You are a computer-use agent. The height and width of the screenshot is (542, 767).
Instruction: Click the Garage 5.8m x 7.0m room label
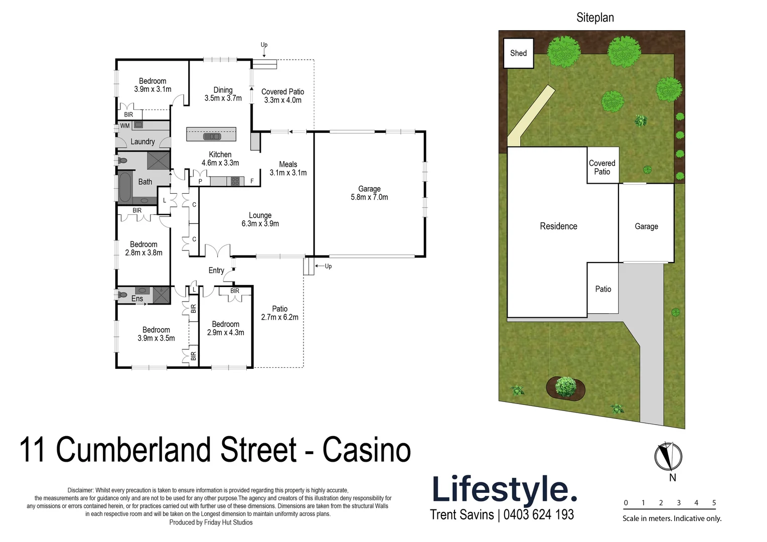(369, 193)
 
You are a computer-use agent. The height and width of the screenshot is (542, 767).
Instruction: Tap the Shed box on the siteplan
(518, 53)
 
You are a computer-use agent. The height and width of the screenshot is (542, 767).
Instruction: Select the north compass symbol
(668, 457)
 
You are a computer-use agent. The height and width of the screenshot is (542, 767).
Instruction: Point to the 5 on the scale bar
(714, 503)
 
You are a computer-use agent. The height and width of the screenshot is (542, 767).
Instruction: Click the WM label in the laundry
(125, 126)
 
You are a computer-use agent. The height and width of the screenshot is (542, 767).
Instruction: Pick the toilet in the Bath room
(122, 161)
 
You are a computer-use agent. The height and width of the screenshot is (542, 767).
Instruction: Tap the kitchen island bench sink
(211, 136)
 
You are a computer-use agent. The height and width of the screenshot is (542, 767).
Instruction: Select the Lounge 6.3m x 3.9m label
(260, 219)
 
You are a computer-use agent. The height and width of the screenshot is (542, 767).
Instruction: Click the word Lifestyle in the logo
(504, 489)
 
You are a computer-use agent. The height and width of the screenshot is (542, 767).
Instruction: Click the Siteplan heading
(595, 18)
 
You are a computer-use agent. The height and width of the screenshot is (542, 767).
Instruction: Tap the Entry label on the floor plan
(216, 270)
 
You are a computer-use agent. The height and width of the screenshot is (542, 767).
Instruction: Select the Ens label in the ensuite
(137, 299)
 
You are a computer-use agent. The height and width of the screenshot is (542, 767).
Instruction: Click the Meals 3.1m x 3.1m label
(288, 168)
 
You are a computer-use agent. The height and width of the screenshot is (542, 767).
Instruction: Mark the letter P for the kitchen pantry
(200, 182)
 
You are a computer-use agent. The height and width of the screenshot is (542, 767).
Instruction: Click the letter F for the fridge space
(252, 181)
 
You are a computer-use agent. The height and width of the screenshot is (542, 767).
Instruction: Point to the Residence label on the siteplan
(558, 226)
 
